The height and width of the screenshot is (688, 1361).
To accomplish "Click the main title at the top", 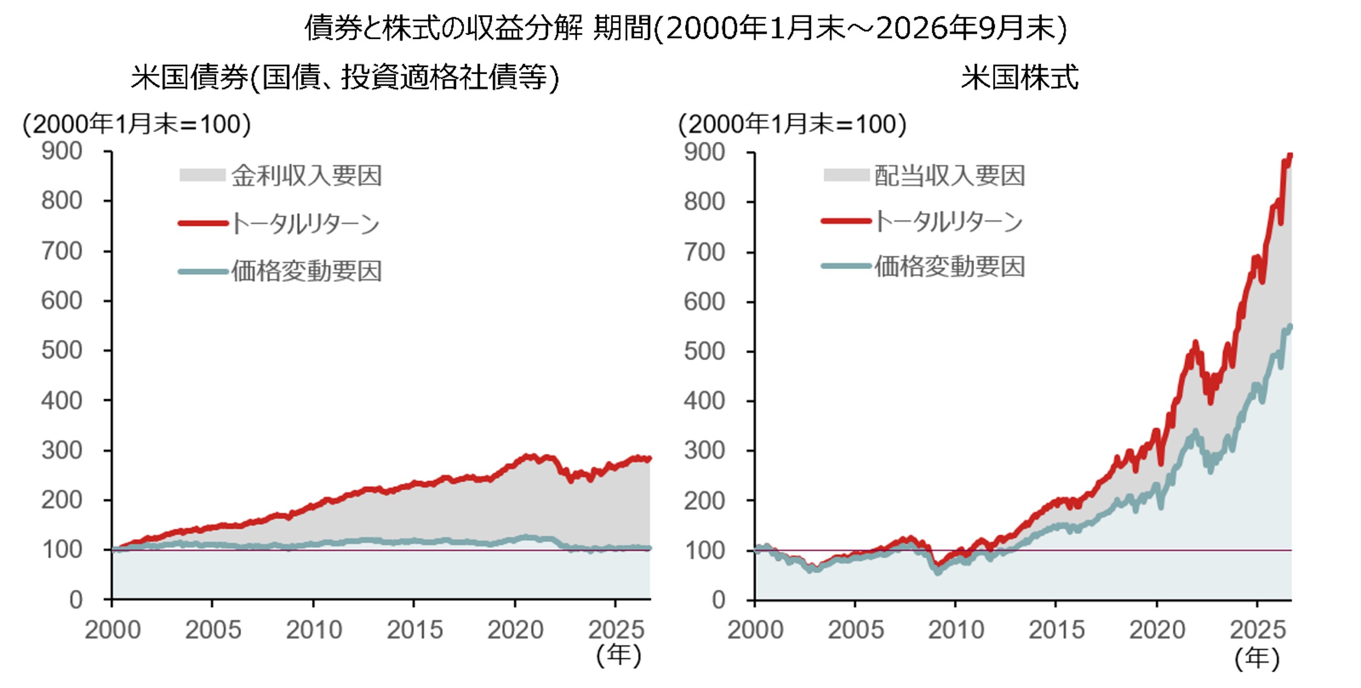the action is pyautogui.click(x=685, y=28).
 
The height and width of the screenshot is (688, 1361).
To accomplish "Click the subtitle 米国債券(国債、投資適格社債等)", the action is pyautogui.click(x=345, y=77).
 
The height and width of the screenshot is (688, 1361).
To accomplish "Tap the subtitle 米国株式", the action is pyautogui.click(x=1019, y=77).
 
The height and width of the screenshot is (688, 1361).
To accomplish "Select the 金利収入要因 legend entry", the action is pyautogui.click(x=281, y=175).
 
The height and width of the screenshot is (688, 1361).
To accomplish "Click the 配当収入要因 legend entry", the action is pyautogui.click(x=924, y=175).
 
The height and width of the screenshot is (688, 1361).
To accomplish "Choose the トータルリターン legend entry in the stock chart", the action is pyautogui.click(x=923, y=221).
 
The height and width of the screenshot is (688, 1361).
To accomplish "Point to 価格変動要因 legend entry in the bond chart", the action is pyautogui.click(x=280, y=271).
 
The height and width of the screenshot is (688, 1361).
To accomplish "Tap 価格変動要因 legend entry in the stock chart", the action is pyautogui.click(x=924, y=267).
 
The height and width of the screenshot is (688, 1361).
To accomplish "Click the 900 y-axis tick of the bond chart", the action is pyautogui.click(x=62, y=151).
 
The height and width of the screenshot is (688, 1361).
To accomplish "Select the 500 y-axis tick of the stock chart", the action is pyautogui.click(x=704, y=352).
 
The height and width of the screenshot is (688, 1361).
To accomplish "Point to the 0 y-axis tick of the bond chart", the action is pyautogui.click(x=76, y=601).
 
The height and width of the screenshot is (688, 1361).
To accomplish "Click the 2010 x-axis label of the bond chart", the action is pyautogui.click(x=314, y=630).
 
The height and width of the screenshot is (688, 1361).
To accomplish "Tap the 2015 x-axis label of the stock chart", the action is pyautogui.click(x=1056, y=630).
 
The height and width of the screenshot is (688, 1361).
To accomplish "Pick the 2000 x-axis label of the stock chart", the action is pyautogui.click(x=755, y=630).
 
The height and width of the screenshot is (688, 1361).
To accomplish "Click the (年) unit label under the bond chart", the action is pyautogui.click(x=619, y=656).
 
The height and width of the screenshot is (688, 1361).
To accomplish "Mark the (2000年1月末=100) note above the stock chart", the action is pyautogui.click(x=793, y=125).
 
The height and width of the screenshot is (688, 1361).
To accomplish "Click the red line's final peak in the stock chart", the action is pyautogui.click(x=1291, y=154).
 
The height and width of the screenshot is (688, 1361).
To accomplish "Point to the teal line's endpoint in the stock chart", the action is pyautogui.click(x=1291, y=326).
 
